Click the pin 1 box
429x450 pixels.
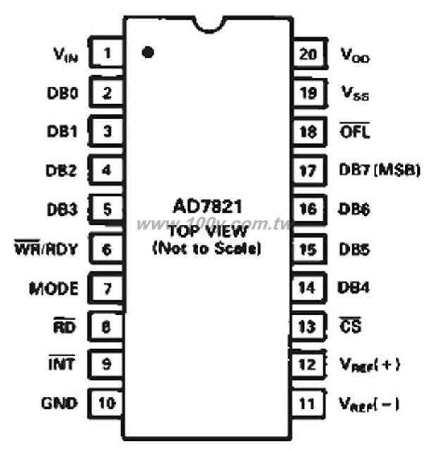pos(106,53)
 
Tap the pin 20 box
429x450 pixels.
pos(310,53)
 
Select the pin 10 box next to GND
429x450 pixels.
pos(106,403)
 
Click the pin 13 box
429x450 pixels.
pos(309,326)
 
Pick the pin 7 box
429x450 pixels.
pos(106,288)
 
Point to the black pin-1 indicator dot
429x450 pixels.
pos(148,52)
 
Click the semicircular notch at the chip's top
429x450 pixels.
pos(209,25)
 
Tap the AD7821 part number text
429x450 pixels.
pos(208,206)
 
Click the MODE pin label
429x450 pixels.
pos(54,288)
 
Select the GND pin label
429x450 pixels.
pos(59,403)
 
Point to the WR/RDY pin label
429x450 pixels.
pos(46,247)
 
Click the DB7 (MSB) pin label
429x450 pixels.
pos(380,170)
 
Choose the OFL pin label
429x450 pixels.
pos(354,131)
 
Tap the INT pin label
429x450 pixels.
pos(62,363)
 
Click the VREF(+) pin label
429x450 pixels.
pos(370,365)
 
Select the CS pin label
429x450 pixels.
pos(350,325)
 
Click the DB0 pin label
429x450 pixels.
pos(63,93)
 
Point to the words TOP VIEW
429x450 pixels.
pos(208,231)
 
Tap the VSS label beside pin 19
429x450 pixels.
pos(355,94)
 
